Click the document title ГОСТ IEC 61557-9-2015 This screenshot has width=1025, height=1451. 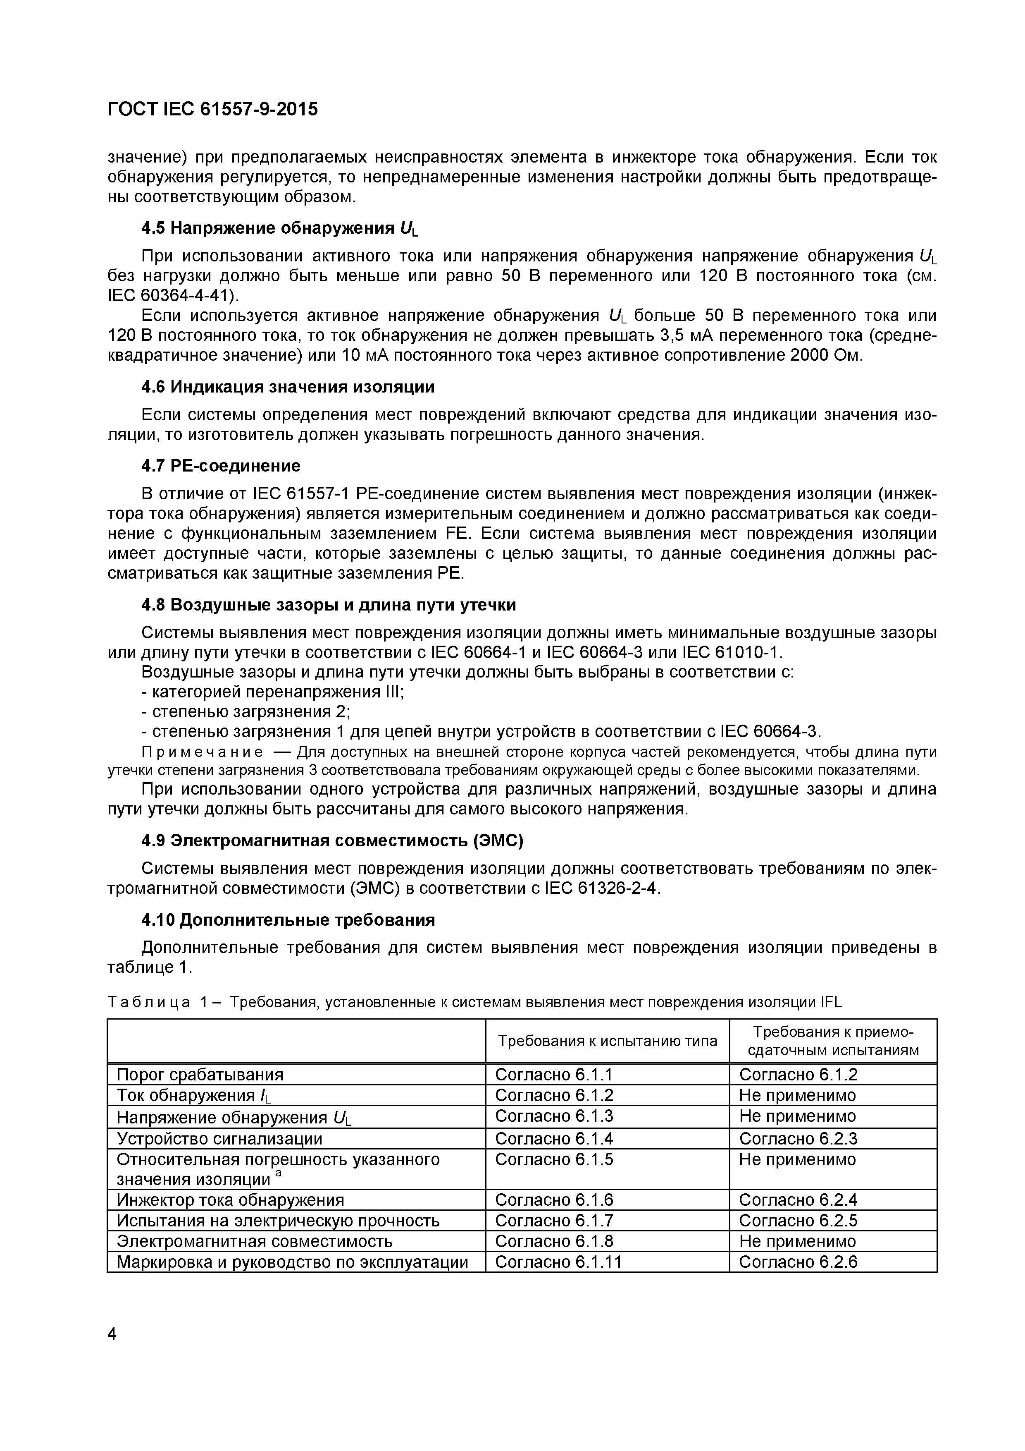(x=213, y=109)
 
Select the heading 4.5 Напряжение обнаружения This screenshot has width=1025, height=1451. (x=279, y=228)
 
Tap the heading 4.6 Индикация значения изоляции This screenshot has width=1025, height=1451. (x=288, y=386)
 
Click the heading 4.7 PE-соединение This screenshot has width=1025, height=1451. (x=220, y=466)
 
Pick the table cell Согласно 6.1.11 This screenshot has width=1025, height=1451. (x=558, y=1262)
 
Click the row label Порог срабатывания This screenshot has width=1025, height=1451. (x=200, y=1074)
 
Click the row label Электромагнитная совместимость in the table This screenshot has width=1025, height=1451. (x=255, y=1241)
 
